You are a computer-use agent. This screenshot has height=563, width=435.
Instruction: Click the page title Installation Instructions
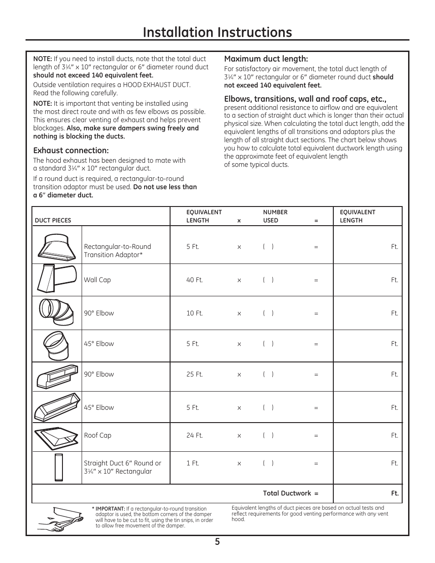[217, 32]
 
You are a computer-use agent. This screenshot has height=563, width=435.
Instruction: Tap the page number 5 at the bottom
[217, 542]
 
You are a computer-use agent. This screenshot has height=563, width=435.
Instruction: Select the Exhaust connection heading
[71, 150]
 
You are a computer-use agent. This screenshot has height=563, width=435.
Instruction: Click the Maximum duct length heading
[266, 59]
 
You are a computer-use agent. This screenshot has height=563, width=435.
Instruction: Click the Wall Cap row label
[97, 280]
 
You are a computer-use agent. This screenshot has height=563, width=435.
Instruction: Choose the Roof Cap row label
[98, 435]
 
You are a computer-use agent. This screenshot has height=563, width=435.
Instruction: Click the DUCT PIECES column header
[53, 221]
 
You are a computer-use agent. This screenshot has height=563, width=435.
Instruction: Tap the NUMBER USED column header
[275, 216]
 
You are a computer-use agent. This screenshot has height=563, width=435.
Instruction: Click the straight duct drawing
[58, 467]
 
